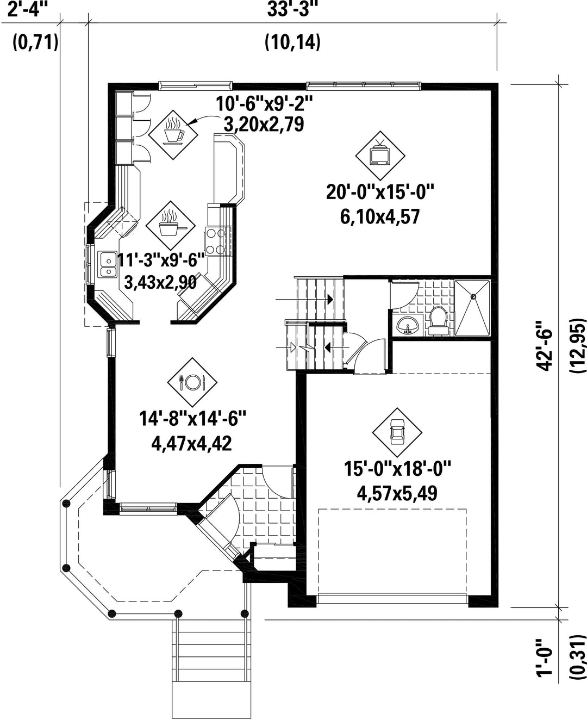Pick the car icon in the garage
(x=397, y=432)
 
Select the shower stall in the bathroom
(x=472, y=307)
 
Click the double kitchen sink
(x=107, y=265)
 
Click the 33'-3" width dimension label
(x=292, y=9)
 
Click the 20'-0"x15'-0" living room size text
(x=380, y=193)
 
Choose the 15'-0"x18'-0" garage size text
(x=397, y=468)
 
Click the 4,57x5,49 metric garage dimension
(x=397, y=493)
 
